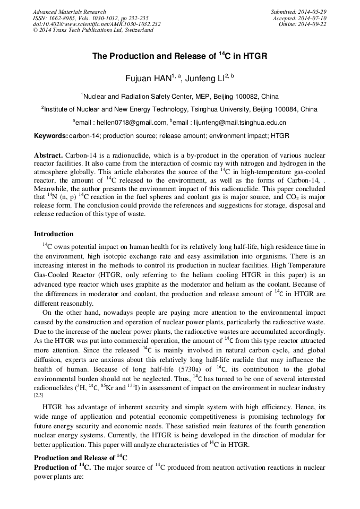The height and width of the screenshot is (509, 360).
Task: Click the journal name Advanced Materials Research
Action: pos(70,12)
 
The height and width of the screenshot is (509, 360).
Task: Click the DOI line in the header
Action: pos(97,24)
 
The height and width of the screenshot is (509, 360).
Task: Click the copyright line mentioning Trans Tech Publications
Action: pos(93,30)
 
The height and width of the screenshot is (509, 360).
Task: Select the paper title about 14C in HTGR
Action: pos(179,56)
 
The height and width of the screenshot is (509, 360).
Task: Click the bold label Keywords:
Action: pos(50,136)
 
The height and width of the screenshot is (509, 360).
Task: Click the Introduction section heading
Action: pos(54,234)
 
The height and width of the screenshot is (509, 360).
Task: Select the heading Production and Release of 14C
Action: pos(81,458)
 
